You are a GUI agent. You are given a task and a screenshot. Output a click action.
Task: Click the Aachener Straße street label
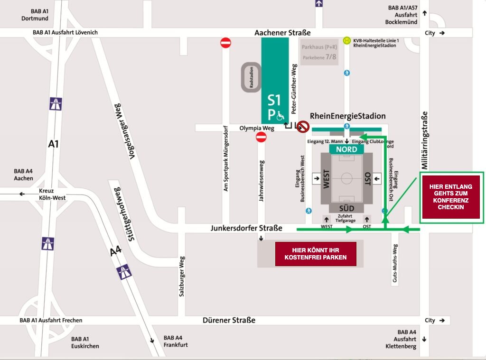point(282,33)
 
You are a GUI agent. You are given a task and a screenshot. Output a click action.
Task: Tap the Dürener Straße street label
point(229,320)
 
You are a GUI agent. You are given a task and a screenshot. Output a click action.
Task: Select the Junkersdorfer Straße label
point(246,228)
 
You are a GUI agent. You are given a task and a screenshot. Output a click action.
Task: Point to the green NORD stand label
point(346,149)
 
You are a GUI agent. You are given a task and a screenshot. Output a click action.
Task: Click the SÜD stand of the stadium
point(346,208)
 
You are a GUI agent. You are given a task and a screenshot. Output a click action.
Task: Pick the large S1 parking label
point(274,100)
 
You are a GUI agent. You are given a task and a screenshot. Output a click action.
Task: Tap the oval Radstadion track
point(252,77)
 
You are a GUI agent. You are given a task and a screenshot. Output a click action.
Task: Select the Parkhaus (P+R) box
point(319,52)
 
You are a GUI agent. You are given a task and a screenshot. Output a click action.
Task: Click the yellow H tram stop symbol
point(347,41)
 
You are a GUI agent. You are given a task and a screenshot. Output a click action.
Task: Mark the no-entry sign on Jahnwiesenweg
point(261,137)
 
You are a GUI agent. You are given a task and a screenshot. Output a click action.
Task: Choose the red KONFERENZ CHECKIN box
point(451,197)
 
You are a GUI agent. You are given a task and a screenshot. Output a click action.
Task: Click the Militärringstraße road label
point(425,140)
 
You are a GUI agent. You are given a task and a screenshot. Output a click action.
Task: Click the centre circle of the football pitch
point(346,179)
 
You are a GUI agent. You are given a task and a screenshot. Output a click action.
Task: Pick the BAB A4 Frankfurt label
point(176,342)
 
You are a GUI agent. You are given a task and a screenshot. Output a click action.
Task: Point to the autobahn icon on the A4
point(124,272)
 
